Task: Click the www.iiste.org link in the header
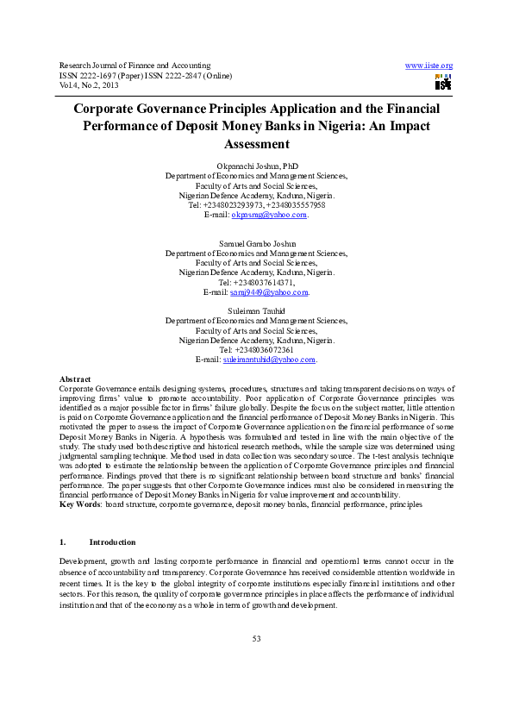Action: click(429, 66)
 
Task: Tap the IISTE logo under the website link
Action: click(443, 84)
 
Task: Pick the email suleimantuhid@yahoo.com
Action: click(269, 360)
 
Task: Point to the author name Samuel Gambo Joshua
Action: click(256, 244)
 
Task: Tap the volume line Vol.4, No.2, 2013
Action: click(91, 84)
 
